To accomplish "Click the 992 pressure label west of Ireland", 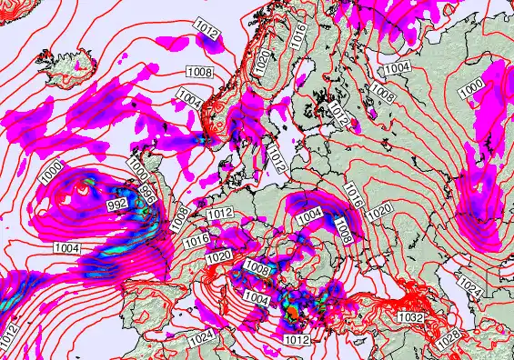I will click(116, 205).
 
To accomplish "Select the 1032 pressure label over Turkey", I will click(410, 318).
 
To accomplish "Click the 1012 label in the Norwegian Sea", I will click(207, 33).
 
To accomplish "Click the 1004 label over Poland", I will click(310, 215).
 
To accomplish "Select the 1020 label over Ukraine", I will click(379, 210).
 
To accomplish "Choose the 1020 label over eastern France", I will click(217, 257).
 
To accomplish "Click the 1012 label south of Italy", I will click(297, 340).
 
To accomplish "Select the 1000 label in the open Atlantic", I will click(51, 168).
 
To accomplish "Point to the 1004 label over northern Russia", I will click(396, 69).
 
